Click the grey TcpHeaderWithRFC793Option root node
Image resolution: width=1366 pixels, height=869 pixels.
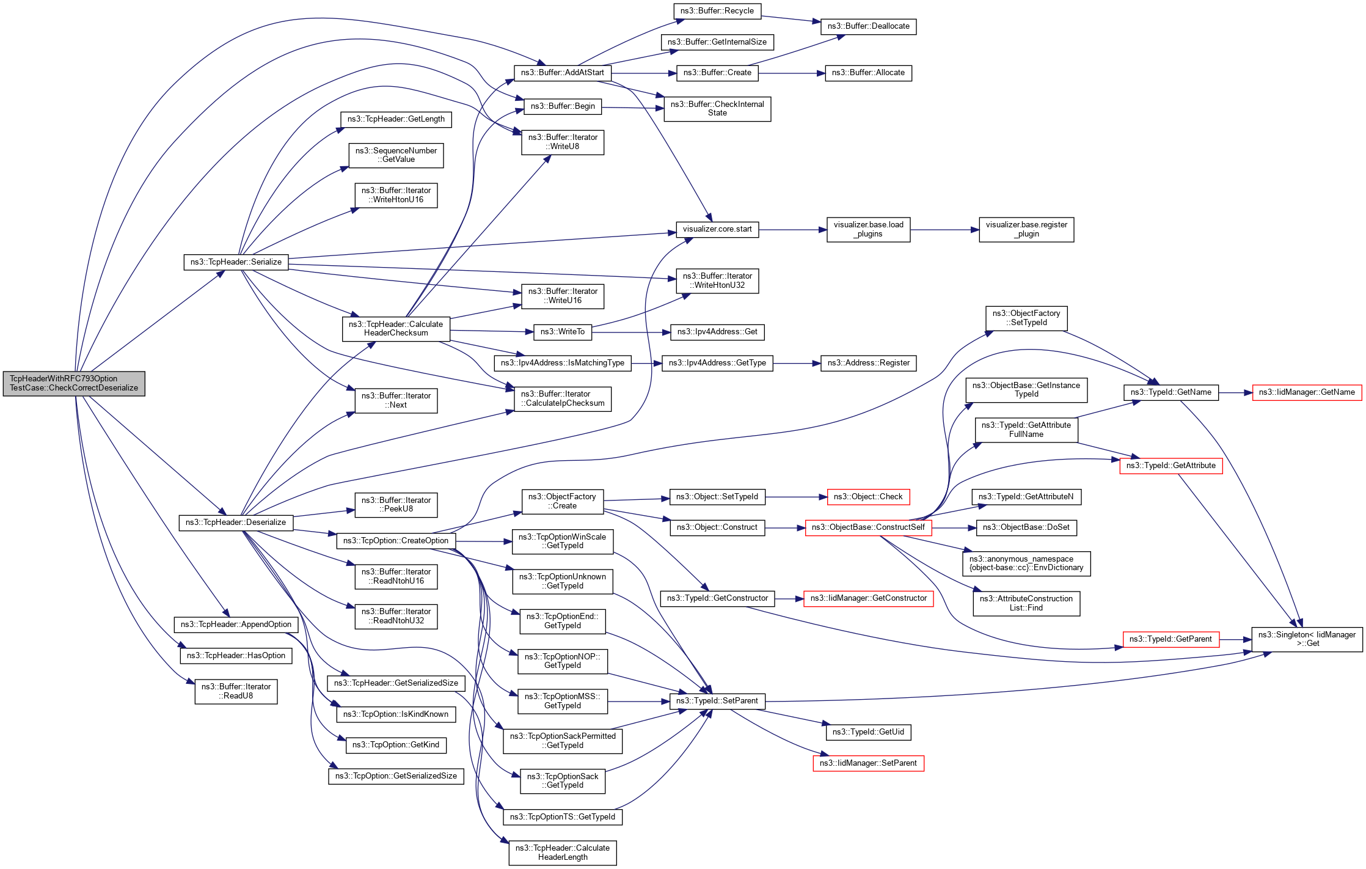(74, 383)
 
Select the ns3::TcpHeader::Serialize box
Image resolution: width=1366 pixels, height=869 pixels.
(236, 262)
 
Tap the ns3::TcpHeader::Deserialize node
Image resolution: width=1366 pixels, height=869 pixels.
(236, 522)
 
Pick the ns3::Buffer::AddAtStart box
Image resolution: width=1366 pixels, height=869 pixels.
(562, 73)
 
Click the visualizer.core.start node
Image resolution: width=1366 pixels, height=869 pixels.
(717, 229)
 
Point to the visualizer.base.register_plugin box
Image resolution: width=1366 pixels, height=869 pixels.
(1026, 229)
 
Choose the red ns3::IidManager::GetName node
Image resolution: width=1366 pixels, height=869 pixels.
(1307, 392)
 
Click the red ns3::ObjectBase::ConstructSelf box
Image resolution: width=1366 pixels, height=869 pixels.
(868, 527)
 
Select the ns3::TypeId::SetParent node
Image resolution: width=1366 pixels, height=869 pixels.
(717, 701)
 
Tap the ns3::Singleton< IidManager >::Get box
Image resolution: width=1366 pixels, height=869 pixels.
(1307, 639)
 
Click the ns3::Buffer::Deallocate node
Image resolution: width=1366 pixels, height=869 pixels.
(868, 26)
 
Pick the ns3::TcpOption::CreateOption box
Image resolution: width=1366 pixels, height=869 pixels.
(396, 541)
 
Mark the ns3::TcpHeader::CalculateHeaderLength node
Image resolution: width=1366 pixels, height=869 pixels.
(563, 853)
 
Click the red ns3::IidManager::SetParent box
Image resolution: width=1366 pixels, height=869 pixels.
(868, 763)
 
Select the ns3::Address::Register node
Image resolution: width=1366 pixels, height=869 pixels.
(868, 363)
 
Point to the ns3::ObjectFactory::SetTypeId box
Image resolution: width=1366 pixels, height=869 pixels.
(1026, 318)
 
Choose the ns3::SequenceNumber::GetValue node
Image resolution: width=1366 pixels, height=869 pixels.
(396, 155)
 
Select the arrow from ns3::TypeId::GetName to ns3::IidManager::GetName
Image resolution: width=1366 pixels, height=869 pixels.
(1235, 392)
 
